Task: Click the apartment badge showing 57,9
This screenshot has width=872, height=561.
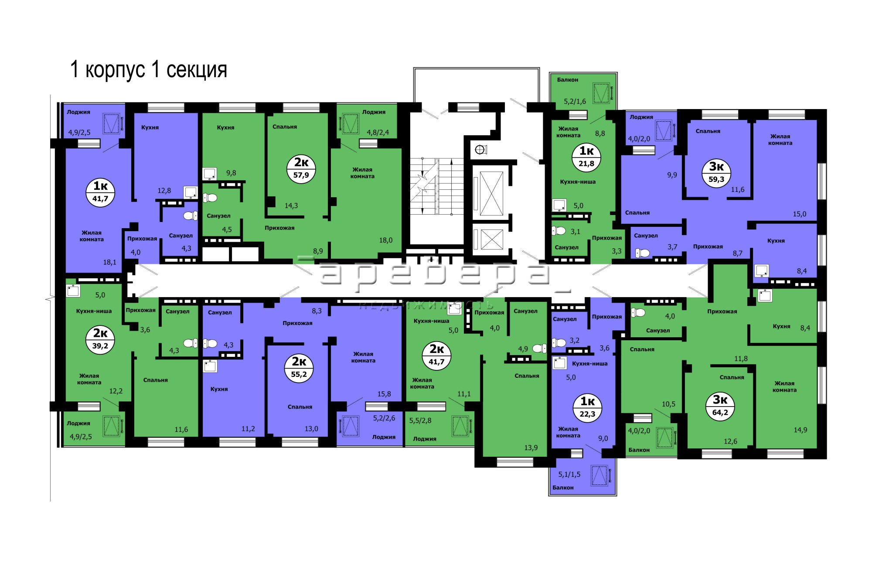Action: coord(301,169)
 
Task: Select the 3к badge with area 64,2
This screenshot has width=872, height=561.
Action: coord(720,406)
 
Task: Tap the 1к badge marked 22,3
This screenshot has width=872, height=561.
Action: coord(588,408)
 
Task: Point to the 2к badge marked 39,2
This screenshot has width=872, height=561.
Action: coord(100,339)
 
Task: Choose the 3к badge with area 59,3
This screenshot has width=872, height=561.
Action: coord(716,173)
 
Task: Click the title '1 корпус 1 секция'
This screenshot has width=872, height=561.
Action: coord(149,69)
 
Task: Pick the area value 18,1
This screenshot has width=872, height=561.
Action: coord(110,262)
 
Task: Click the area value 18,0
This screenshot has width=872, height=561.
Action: coord(386,240)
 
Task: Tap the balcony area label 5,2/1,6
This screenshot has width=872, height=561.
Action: coord(575,102)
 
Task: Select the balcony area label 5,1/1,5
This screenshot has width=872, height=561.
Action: coord(569,475)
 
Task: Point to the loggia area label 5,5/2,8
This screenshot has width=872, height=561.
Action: coord(420,421)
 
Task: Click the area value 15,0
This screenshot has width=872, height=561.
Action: coord(800,214)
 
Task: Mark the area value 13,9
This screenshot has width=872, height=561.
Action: coord(531,448)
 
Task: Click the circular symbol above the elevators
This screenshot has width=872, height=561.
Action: coord(480,150)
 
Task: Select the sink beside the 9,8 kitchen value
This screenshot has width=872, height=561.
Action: coord(210,174)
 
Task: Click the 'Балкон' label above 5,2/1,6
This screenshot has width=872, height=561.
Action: coord(568,80)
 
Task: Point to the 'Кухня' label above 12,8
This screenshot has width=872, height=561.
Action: coord(150,127)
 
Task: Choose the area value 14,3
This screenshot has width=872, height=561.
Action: coord(291,205)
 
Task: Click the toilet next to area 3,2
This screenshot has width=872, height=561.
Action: coord(559,343)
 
